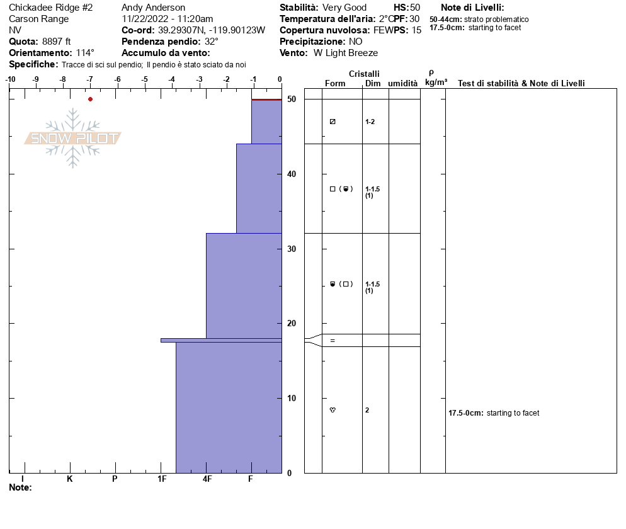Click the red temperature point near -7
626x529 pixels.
90,99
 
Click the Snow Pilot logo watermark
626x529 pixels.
73,138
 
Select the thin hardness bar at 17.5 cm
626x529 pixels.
220,340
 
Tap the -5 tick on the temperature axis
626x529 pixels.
145,79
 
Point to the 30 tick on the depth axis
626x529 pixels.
291,249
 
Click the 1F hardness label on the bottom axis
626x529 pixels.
161,479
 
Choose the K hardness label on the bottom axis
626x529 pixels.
69,479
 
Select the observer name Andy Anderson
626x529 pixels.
153,8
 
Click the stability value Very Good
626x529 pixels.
344,8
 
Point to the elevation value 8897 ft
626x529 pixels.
56,42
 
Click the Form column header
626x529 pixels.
334,84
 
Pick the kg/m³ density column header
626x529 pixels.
436,82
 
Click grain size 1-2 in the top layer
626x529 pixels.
370,122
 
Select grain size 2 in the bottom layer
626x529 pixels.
367,410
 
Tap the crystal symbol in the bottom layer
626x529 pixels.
333,410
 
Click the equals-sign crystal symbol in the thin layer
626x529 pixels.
333,341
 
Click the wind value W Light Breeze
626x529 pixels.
346,53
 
